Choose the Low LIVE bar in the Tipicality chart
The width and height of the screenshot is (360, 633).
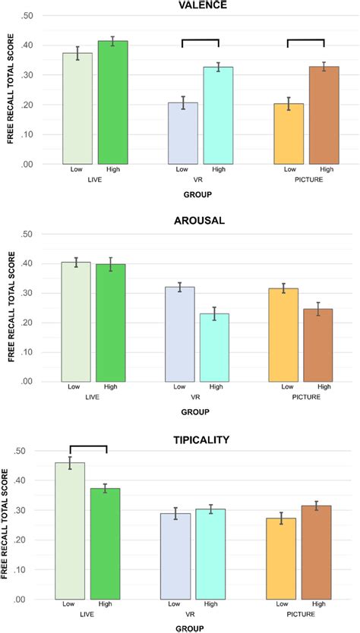pyautogui.click(x=70, y=531)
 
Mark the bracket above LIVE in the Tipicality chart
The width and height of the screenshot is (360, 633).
pyautogui.click(x=88, y=446)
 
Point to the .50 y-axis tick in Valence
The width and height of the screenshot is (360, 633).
pyautogui.click(x=27, y=16)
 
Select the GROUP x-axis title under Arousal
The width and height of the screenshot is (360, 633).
pyautogui.click(x=196, y=412)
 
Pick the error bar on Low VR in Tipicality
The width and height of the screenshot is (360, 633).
pyautogui.click(x=175, y=514)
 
